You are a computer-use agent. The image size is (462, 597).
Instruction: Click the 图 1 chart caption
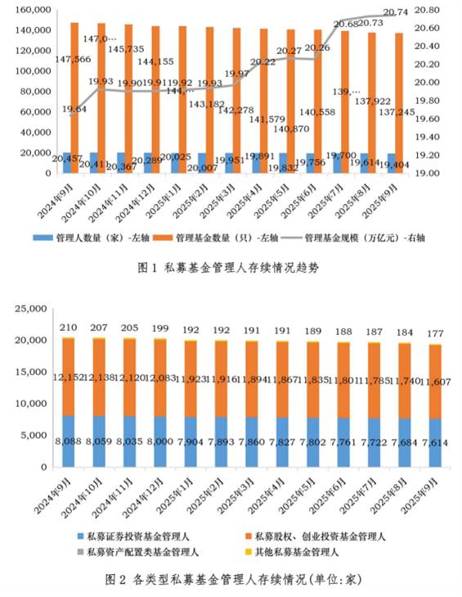pyautogui.click(x=231, y=266)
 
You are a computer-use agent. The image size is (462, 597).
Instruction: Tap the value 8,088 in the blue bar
pyautogui.click(x=68, y=441)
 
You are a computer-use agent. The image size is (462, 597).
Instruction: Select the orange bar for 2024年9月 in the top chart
pyautogui.click(x=74, y=98)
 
